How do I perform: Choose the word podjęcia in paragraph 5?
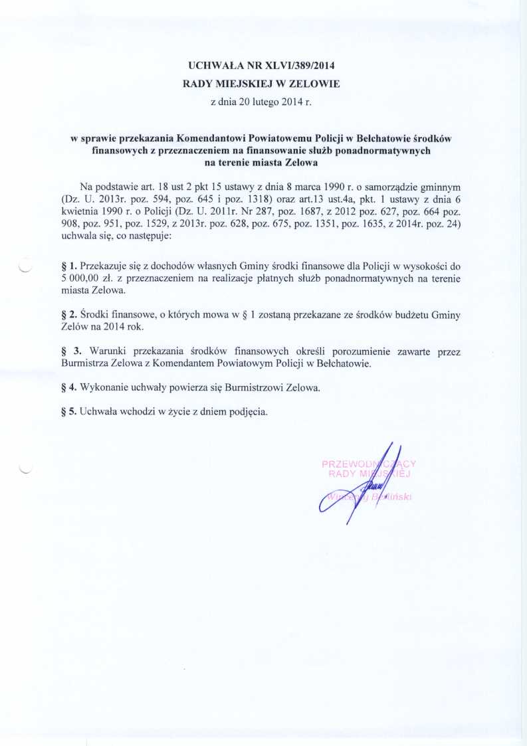pyautogui.click(x=247, y=412)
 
